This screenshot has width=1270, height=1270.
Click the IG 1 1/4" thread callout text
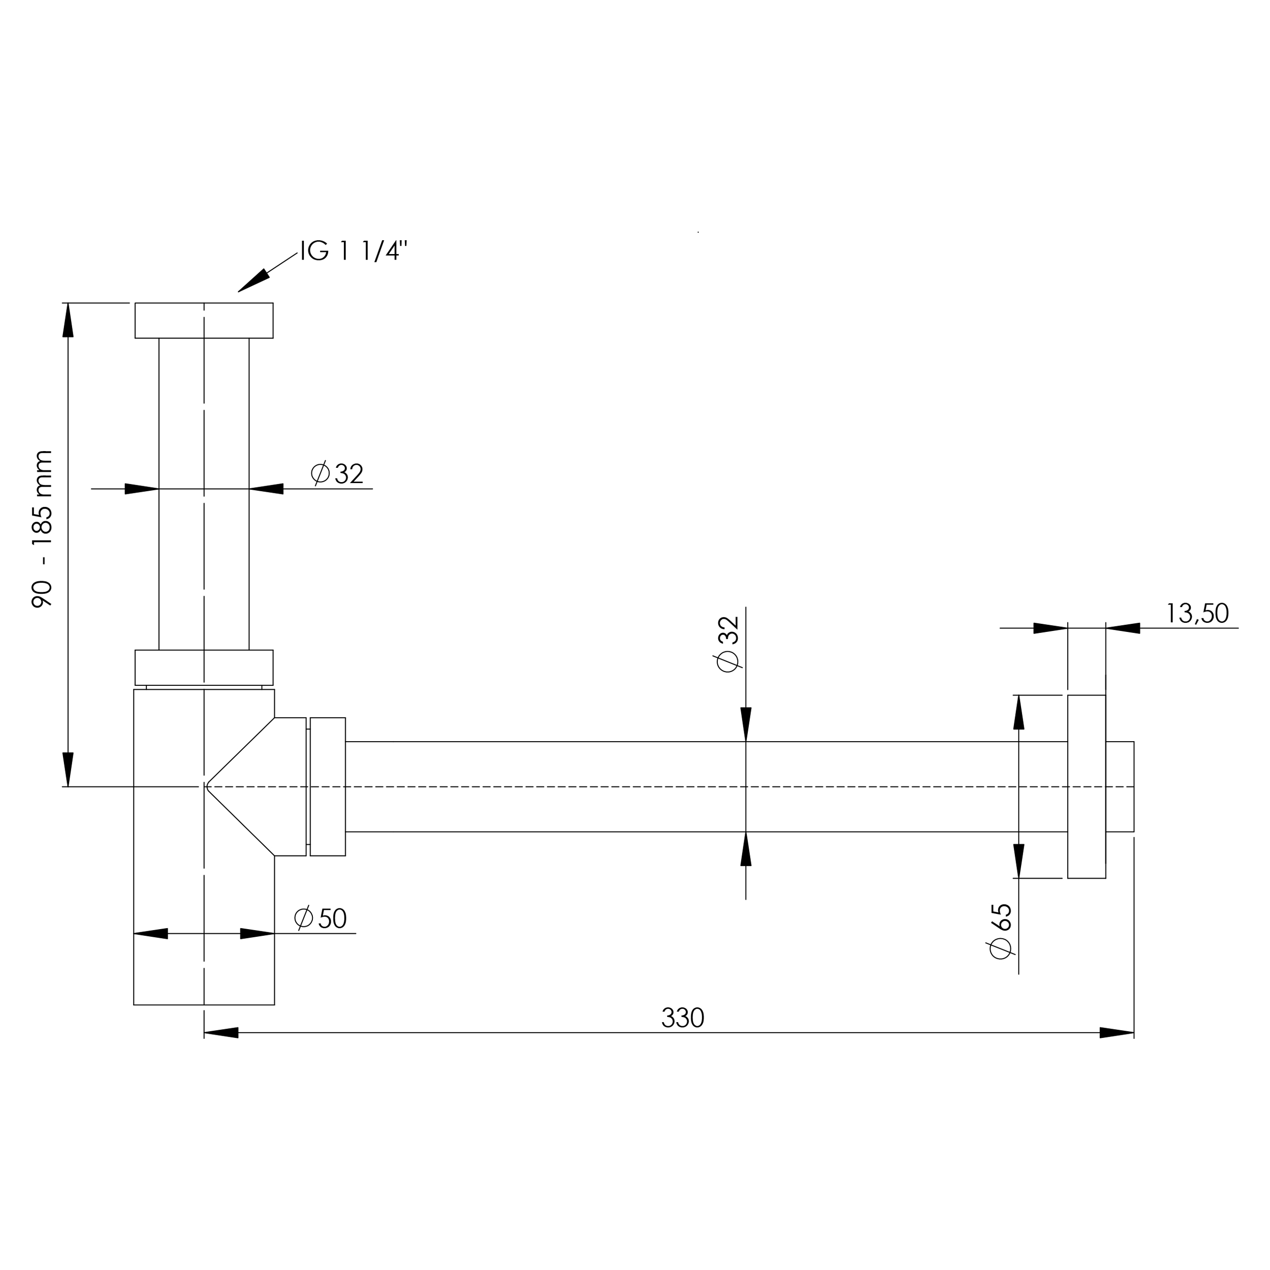354,251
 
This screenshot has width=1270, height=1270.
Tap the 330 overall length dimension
682,1018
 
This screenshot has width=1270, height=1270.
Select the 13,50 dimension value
1197,613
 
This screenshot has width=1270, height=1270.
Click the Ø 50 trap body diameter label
320,918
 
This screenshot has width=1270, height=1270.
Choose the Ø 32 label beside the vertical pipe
337,473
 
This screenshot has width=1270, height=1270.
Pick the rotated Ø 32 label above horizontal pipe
728,644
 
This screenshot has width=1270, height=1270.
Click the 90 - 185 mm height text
42,529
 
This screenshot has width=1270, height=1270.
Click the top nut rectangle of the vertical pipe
204,321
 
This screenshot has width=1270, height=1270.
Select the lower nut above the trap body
204,668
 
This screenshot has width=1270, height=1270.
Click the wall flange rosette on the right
1086,787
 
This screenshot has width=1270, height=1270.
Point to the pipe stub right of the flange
1120,787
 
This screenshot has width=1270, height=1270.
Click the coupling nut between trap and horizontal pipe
327,787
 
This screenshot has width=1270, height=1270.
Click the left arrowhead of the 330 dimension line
221,1033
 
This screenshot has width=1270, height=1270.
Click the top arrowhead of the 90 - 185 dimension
68,320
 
